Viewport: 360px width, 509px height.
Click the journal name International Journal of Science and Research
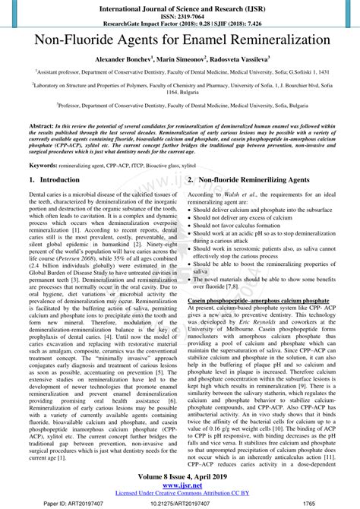tap(180, 6)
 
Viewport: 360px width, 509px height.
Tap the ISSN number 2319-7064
tap(180, 14)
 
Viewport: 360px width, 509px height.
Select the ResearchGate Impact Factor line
tap(180, 22)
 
